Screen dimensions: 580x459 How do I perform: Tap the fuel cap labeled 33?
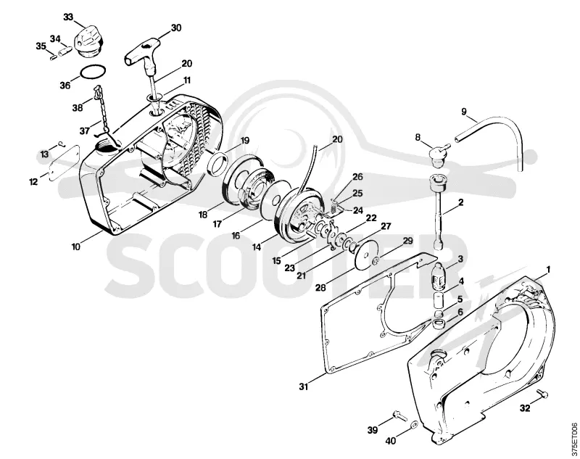point(87,41)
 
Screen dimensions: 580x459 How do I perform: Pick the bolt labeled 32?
point(542,393)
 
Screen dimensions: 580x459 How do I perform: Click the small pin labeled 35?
point(52,57)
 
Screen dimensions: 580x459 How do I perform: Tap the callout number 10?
point(76,247)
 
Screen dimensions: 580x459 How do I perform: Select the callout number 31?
point(303,387)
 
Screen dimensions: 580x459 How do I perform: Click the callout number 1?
point(548,270)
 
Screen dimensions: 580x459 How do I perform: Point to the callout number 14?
point(257,247)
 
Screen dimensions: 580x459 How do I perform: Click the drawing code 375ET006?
point(573,439)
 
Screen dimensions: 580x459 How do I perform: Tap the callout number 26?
point(357,176)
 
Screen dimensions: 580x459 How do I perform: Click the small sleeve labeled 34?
point(65,49)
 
